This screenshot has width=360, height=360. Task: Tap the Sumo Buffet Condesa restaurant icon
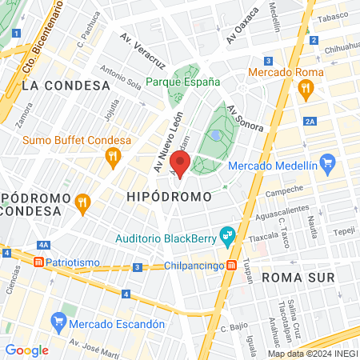[113, 155]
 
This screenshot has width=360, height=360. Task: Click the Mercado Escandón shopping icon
[58, 323]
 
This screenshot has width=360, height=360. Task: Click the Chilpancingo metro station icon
[230, 266]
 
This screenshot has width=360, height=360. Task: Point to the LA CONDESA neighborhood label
[65, 85]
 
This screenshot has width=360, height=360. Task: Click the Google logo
[26, 350]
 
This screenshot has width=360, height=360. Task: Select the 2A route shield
[310, 122]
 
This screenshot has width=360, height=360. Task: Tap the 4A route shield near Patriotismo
[43, 245]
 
